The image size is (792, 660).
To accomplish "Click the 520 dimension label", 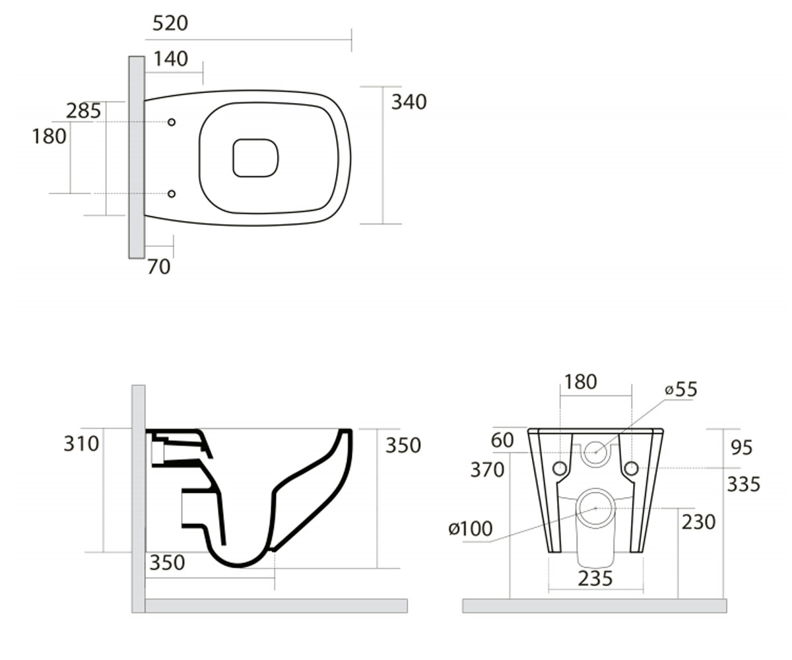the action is click(x=170, y=23).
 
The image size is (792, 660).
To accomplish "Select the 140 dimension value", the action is click(x=171, y=59).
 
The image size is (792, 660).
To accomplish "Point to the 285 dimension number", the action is click(x=83, y=111).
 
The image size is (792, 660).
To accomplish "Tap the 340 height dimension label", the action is click(x=409, y=102).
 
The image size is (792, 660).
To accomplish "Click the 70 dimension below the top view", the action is click(x=158, y=267).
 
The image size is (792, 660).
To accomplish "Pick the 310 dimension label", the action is click(x=81, y=444).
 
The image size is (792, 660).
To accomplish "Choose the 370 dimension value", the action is click(x=488, y=469).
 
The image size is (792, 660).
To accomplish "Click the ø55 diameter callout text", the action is click(x=681, y=389).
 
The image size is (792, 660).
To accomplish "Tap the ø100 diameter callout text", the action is click(x=471, y=529).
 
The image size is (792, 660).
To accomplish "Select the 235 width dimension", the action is click(x=595, y=578).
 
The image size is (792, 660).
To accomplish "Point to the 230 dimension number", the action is click(x=698, y=522).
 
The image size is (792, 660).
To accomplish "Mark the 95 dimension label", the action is click(x=741, y=447).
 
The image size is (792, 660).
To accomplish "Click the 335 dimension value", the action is click(x=743, y=484).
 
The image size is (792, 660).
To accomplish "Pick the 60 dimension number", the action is click(x=502, y=440).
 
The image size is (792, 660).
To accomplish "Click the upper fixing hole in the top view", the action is click(x=172, y=122).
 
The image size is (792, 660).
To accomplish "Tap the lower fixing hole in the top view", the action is click(x=172, y=194).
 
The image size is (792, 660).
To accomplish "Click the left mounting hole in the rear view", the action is click(x=560, y=469).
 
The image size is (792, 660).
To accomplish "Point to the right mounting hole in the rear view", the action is click(x=631, y=469).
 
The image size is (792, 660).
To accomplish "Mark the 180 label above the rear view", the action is click(x=581, y=381).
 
